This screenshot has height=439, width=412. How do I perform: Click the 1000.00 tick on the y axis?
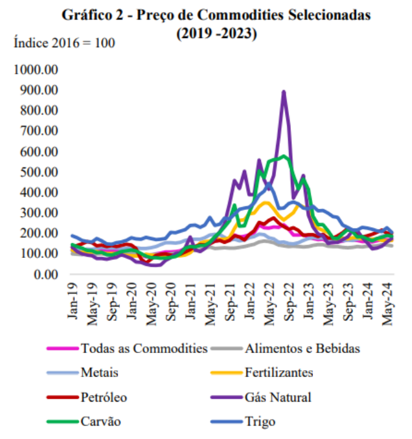pyautogui.click(x=36, y=70)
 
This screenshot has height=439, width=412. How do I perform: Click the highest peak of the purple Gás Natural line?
pyautogui.click(x=283, y=91)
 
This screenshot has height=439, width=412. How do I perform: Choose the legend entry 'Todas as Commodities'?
pyautogui.click(x=144, y=349)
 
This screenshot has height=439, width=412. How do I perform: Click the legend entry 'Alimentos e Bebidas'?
pyautogui.click(x=302, y=349)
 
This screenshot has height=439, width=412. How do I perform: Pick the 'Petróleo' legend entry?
pyautogui.click(x=103, y=397)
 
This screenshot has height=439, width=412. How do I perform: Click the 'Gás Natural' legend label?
pyautogui.click(x=278, y=397)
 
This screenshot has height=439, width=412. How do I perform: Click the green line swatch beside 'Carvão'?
pyautogui.click(x=62, y=422)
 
